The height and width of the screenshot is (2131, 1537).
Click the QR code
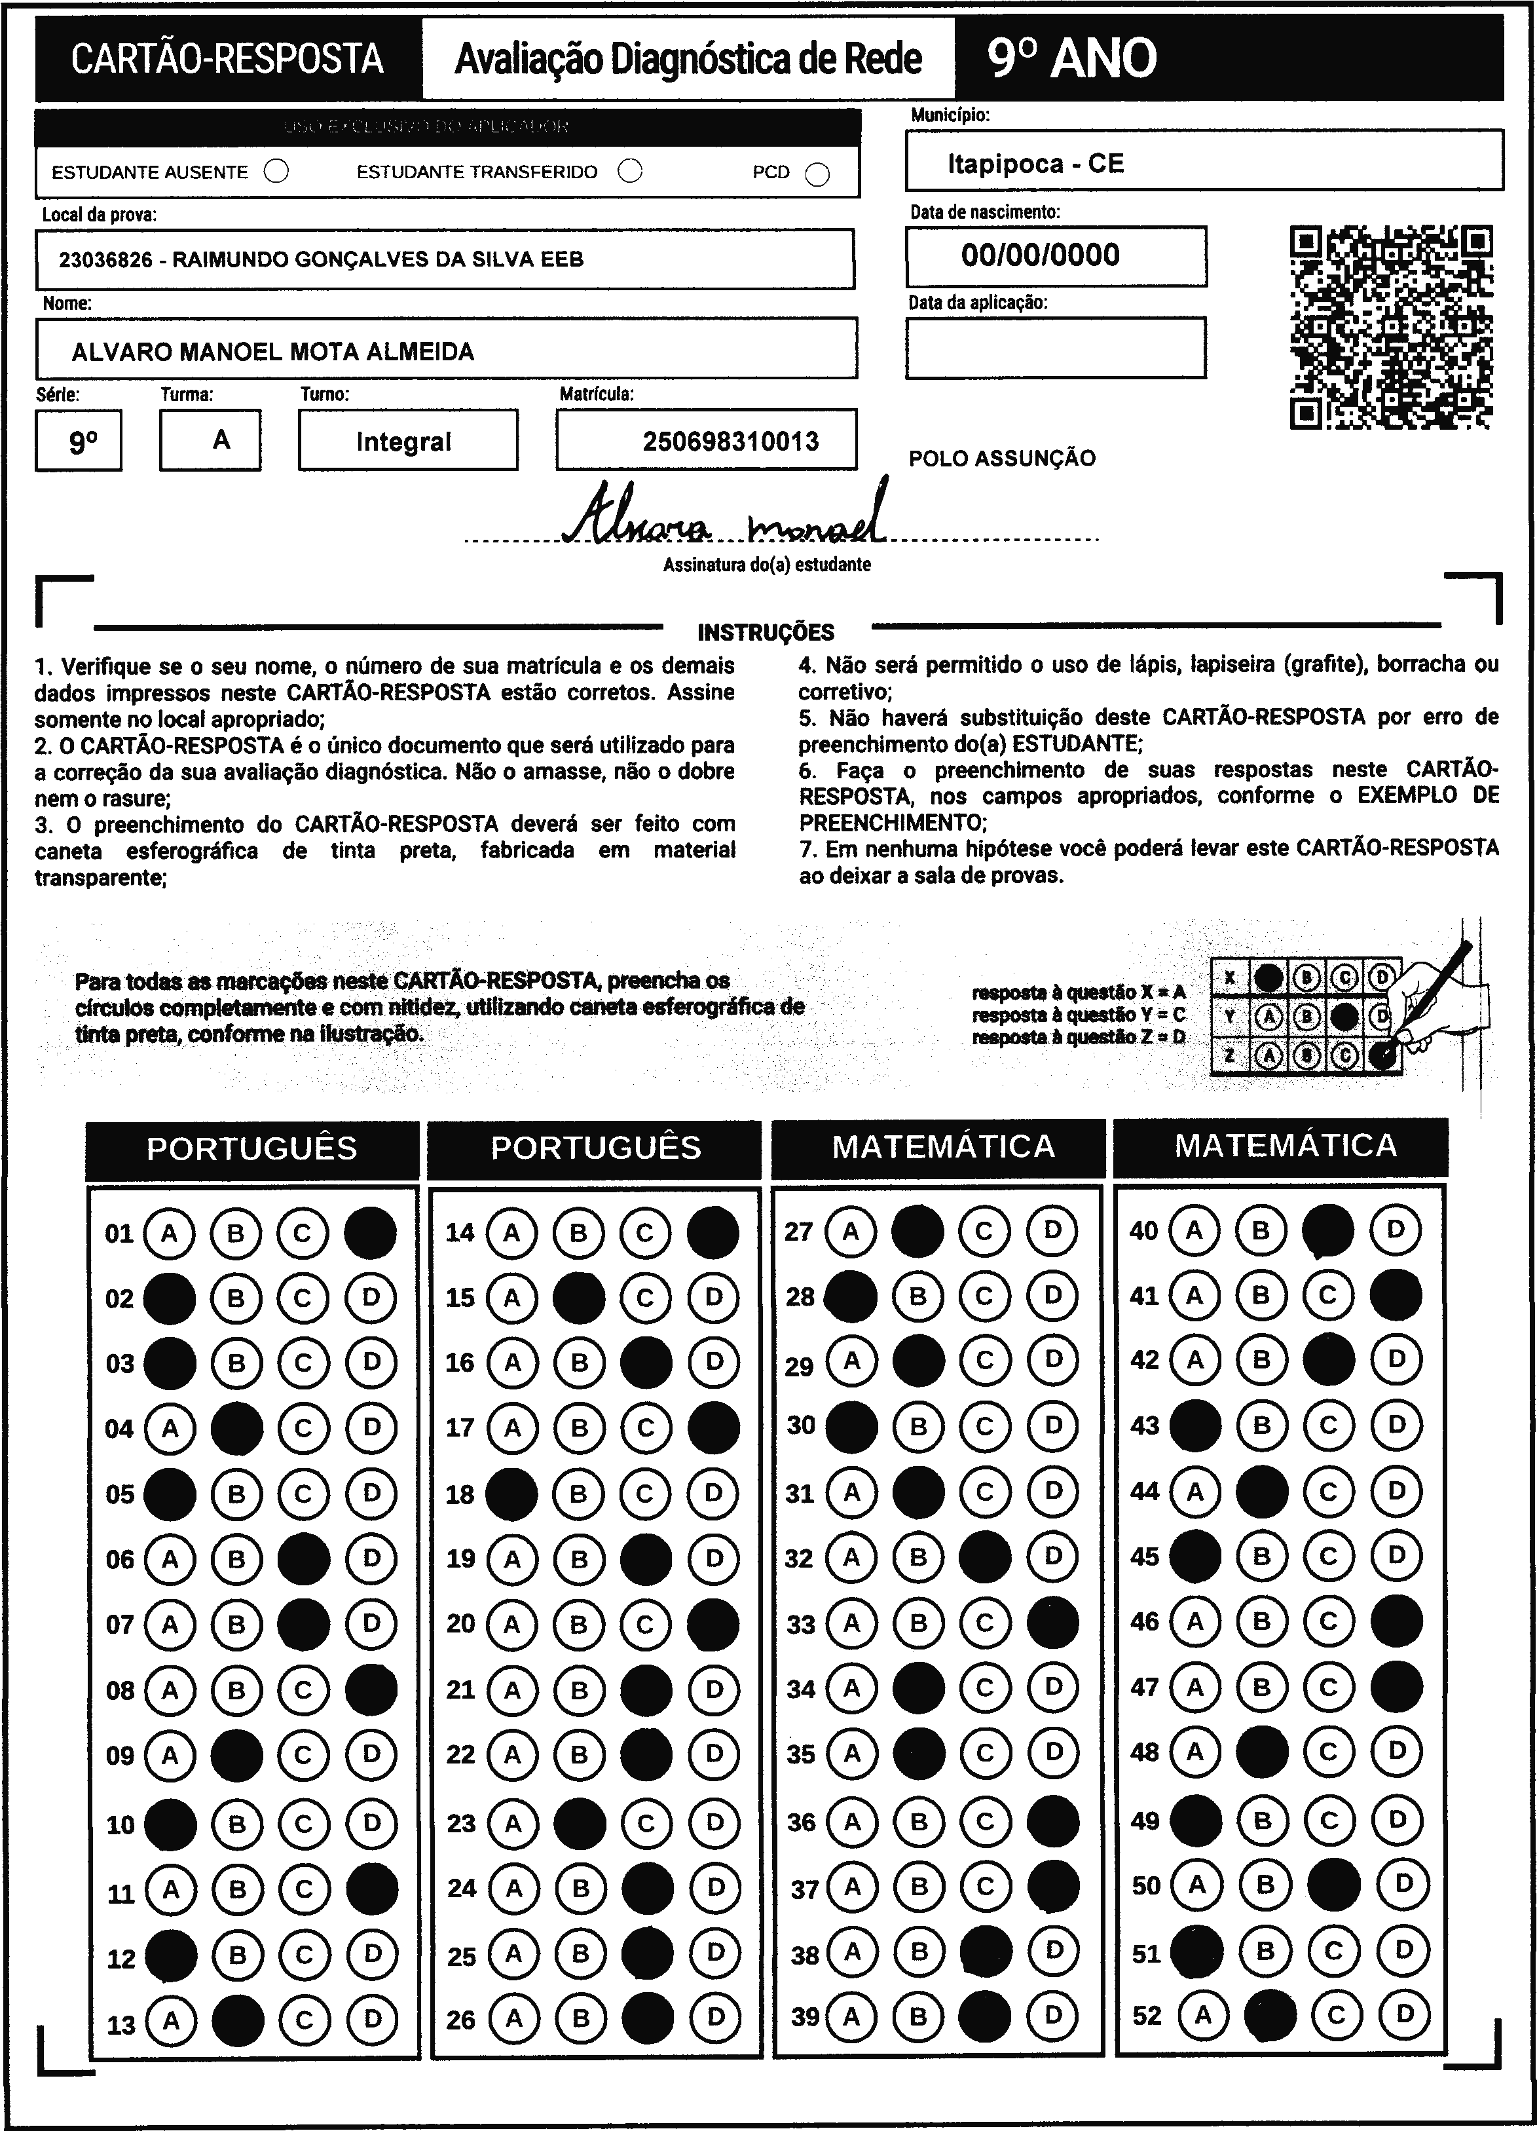pos(1390,326)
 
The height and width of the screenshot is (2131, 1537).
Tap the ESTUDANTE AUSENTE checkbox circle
pos(276,171)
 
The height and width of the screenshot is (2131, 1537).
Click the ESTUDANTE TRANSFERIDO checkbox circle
pos(629,171)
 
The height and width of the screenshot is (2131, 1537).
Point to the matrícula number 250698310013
pos(730,441)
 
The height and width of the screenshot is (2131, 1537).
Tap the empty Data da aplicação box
pos(1055,348)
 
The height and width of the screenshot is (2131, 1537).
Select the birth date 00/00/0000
pos(1040,255)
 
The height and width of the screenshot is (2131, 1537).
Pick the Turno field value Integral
pos(404,441)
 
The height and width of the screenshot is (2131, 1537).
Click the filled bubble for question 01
pos(370,1233)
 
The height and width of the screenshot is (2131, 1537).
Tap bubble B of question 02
pos(236,1298)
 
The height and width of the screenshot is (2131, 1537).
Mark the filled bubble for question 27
pos(917,1231)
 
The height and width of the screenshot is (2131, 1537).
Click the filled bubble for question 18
pos(511,1494)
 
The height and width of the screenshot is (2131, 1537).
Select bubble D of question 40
pos(1395,1230)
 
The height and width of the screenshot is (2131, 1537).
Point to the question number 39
pos(804,2016)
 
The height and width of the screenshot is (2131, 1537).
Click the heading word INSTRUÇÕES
pos(766,632)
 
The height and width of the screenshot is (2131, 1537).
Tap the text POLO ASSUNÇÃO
pos(1001,459)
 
